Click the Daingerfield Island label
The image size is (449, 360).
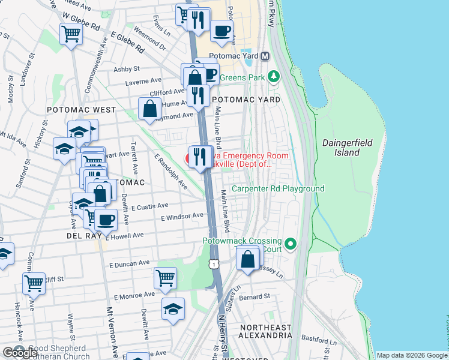click(348, 148)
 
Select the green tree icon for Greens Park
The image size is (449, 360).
click(274, 76)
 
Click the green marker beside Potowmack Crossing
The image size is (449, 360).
click(291, 244)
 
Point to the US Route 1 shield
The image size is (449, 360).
click(214, 265)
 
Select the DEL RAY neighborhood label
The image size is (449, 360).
click(82, 237)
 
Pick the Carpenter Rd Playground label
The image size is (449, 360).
click(278, 188)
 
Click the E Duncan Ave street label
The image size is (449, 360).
click(129, 263)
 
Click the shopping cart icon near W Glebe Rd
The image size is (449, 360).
click(71, 34)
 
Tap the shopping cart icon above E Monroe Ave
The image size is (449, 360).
click(165, 278)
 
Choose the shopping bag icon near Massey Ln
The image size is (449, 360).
click(247, 260)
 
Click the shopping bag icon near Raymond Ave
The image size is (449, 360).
click(149, 109)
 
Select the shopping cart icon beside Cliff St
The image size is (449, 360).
click(34, 283)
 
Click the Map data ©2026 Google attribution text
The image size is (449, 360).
click(412, 355)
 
